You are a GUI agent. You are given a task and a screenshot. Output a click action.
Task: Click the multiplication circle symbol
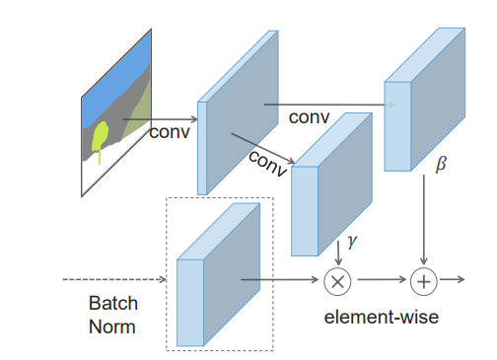tap(338, 281)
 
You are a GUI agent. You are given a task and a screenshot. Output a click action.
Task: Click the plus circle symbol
tap(424, 281)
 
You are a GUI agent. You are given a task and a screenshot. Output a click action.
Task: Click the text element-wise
tap(381, 318)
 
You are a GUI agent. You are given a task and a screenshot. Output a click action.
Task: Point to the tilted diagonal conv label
tap(267, 162)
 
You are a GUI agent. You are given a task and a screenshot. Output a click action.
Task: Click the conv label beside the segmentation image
tap(170, 131)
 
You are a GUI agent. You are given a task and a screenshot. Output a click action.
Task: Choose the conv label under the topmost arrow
tap(309, 117)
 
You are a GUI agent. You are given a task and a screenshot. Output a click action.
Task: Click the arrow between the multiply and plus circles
tap(381, 281)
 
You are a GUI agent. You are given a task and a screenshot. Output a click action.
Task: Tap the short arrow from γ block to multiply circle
tap(338, 253)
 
